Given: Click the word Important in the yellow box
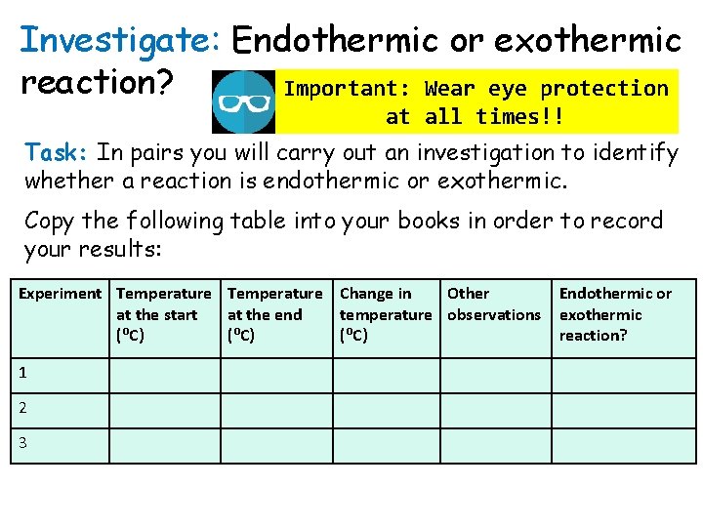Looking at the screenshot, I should (347, 89).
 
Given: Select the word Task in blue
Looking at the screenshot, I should (58, 153).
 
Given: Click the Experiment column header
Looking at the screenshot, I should (60, 293).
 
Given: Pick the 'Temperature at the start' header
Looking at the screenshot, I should (163, 314).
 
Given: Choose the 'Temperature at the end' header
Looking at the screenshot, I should (274, 314).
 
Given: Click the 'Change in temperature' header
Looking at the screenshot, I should (385, 314).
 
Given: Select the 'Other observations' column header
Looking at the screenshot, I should (493, 304).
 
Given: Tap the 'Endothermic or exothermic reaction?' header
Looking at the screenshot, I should (615, 314).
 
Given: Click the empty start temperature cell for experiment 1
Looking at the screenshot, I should (164, 374).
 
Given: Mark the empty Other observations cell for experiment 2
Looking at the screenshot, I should (495, 409).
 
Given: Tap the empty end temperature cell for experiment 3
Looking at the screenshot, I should (276, 444).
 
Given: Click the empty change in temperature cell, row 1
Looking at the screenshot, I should (386, 374).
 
